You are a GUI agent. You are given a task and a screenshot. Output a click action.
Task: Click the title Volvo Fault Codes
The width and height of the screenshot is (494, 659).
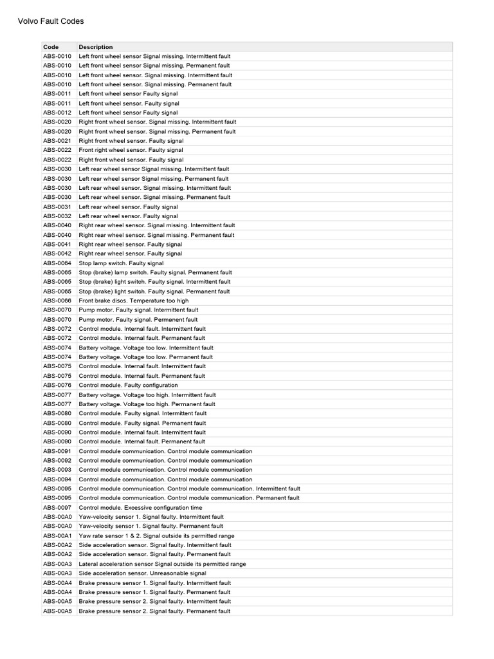pyautogui.click(x=50, y=21)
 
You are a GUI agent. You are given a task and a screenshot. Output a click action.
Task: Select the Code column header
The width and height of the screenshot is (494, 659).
pyautogui.click(x=51, y=47)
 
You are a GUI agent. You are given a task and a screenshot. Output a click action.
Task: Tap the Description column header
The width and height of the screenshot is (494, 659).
pyautogui.click(x=96, y=47)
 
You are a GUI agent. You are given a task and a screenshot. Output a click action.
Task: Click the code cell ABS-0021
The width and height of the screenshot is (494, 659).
pyautogui.click(x=57, y=141)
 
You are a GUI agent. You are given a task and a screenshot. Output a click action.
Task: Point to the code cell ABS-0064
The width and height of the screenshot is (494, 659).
pyautogui.click(x=57, y=263)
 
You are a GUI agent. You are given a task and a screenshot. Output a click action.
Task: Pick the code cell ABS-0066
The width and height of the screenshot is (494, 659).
pyautogui.click(x=57, y=301)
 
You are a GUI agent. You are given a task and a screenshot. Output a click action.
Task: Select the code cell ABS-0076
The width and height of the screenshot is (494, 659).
pyautogui.click(x=57, y=385)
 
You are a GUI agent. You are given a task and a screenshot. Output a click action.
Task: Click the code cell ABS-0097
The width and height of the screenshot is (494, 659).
pyautogui.click(x=57, y=508)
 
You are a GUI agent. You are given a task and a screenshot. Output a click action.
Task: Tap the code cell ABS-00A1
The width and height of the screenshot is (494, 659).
pyautogui.click(x=57, y=535)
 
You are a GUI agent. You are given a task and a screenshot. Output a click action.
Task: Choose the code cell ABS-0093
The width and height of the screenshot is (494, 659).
pyautogui.click(x=57, y=470)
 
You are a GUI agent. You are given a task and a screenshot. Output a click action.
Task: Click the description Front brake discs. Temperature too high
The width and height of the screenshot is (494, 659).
pyautogui.click(x=134, y=301)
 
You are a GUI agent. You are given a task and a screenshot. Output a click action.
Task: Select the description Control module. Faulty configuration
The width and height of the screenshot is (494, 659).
pyautogui.click(x=129, y=385)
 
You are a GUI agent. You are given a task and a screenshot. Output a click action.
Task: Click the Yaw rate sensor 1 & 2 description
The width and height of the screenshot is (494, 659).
pyautogui.click(x=156, y=535)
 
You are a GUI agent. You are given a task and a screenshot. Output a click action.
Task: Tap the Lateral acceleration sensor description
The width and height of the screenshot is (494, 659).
pyautogui.click(x=162, y=564)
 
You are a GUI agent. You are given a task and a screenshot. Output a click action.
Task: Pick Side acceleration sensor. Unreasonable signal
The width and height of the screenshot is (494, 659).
pyautogui.click(x=142, y=573)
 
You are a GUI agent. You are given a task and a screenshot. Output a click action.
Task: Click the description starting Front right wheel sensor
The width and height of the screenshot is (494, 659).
pyautogui.click(x=131, y=150)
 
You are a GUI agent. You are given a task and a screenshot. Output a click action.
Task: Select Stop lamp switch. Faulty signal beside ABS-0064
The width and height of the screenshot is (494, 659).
pyautogui.click(x=121, y=263)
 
